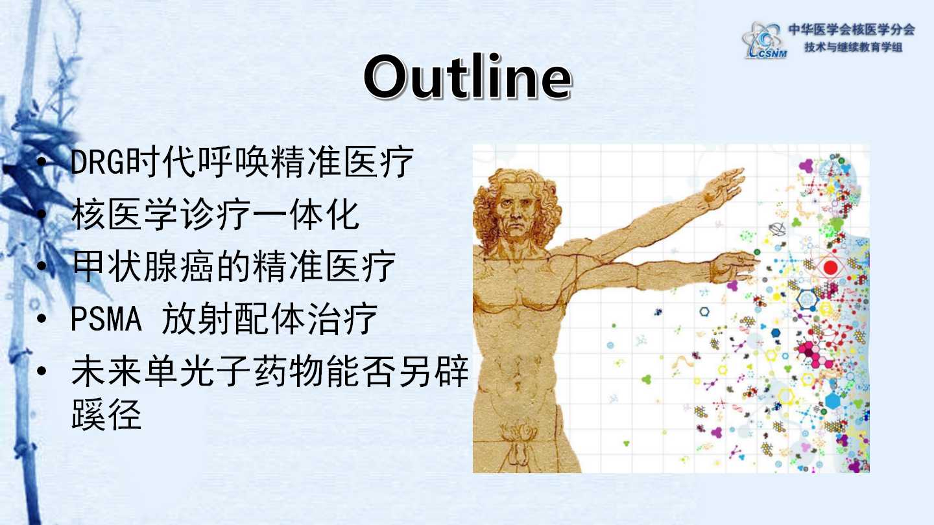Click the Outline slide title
(468, 77)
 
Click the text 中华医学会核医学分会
(851, 30)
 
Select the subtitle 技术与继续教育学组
(853, 47)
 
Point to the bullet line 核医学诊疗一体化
(215, 214)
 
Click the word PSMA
(106, 319)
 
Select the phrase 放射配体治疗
(270, 318)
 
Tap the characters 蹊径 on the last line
(107, 414)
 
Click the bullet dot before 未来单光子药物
(42, 371)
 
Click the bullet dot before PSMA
(42, 319)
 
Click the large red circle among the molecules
(831, 267)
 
